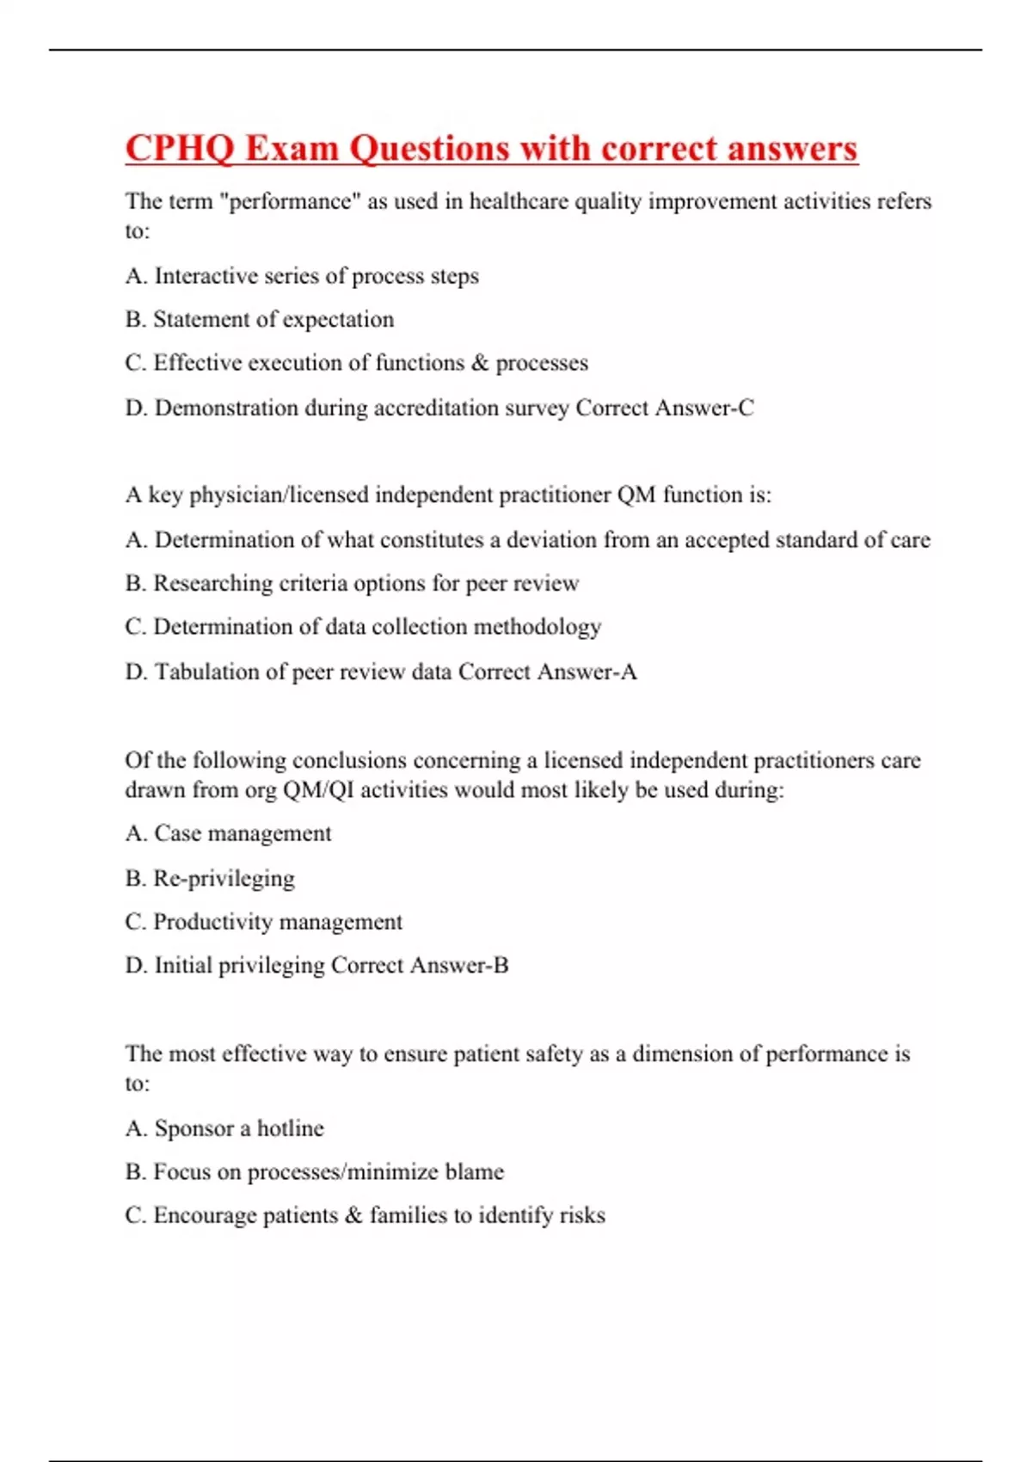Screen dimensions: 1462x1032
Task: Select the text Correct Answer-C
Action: (665, 408)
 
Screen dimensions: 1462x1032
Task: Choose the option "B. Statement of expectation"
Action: (259, 319)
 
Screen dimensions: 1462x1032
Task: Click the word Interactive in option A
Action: (206, 276)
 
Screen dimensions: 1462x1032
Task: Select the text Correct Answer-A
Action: (548, 672)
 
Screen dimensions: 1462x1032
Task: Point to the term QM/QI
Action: (318, 789)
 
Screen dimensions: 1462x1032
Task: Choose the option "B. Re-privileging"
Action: (209, 878)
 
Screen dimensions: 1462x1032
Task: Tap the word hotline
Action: (290, 1128)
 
